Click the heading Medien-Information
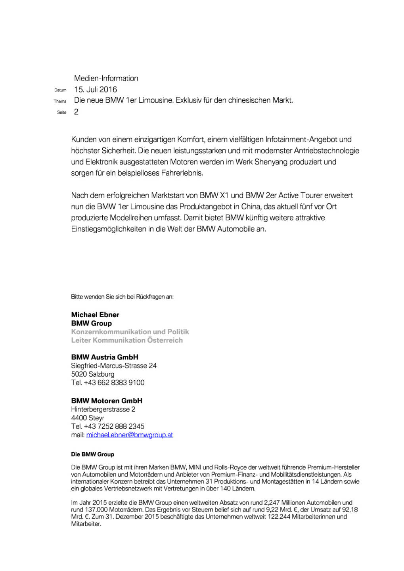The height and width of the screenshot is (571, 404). pos(106,79)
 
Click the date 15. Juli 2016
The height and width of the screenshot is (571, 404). pos(96,90)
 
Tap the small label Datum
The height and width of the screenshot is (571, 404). pos(60,90)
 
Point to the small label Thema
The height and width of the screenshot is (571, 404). pos(60,102)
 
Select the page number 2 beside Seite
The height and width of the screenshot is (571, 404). pos(76,112)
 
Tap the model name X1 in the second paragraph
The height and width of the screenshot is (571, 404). pos(224,195)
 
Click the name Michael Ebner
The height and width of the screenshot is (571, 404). pos(95,315)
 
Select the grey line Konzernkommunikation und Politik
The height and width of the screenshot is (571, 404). pos(130,332)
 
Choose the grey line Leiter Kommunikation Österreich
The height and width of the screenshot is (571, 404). pos(127,340)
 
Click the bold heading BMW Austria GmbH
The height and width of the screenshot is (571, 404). pos(105,357)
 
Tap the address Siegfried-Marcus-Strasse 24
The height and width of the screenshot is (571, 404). pos(114,366)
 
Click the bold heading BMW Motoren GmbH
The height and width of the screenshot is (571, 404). pos(107,401)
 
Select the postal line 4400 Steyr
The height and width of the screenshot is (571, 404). pos(88,418)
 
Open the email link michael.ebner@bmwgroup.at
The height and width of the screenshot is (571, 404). pos(130,435)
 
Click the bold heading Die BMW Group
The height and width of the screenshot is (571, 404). pos(92,454)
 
